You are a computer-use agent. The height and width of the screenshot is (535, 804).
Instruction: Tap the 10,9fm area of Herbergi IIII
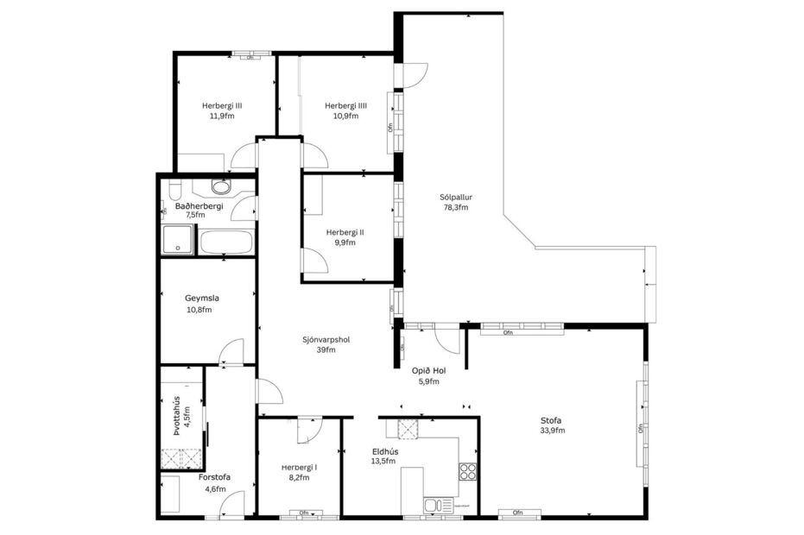point(345,116)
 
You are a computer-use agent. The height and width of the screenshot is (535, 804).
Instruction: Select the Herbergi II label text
point(345,232)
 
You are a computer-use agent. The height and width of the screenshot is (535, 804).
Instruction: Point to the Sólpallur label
point(455,197)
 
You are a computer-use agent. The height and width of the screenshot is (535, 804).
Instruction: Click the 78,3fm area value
point(455,207)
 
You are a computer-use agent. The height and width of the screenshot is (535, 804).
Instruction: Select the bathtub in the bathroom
point(225,242)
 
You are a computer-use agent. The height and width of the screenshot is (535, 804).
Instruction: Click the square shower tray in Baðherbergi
point(177,239)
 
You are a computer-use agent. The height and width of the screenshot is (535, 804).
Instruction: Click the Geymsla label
point(201,299)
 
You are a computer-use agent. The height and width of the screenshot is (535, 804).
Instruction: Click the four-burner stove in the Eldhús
point(467,471)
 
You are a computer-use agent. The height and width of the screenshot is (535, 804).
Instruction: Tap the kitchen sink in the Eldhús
point(433,504)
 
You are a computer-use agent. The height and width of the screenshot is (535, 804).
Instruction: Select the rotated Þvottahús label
point(175,416)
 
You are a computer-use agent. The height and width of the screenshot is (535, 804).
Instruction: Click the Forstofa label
point(213,477)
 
